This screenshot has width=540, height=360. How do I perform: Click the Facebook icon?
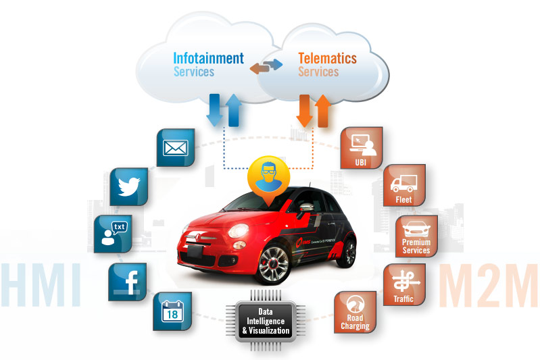(x=127, y=280)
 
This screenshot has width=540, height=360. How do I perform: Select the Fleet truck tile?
(x=403, y=185)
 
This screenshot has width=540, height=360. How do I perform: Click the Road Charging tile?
(x=355, y=312)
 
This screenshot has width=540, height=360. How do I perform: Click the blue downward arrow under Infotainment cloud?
(x=214, y=110)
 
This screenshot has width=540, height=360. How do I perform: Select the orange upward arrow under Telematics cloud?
(x=323, y=110)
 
